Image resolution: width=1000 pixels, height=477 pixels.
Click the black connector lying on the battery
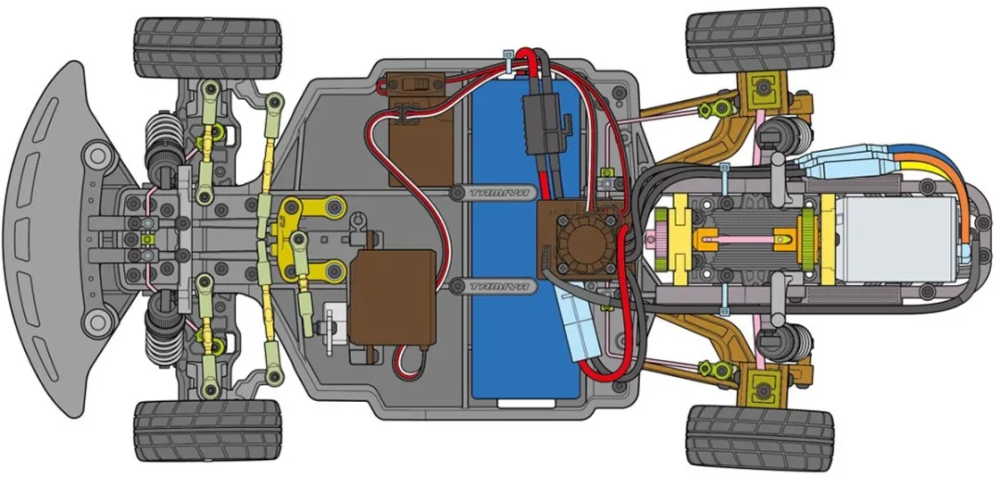point(542,124)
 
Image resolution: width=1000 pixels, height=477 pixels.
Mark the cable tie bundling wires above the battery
point(509,65)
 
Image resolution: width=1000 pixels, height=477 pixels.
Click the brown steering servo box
point(393,296)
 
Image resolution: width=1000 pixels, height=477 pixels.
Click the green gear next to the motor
point(806,239)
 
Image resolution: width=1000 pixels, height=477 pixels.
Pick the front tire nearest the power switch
point(208,48)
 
